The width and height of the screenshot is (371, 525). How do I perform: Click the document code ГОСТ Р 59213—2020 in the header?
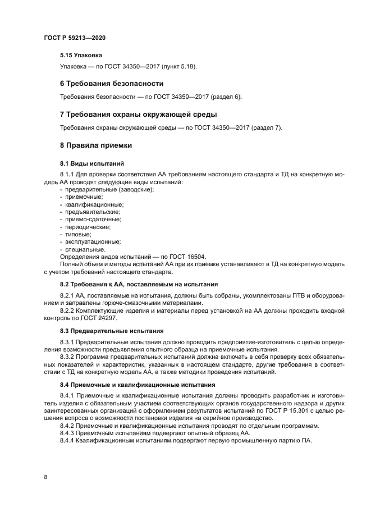(x=75, y=38)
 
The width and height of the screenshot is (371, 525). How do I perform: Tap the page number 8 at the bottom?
(x=45, y=477)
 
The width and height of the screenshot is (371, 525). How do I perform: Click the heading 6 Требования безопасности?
(x=112, y=84)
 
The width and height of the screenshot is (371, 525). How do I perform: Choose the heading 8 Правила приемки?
(x=96, y=145)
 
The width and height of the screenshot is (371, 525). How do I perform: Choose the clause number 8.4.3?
(x=67, y=433)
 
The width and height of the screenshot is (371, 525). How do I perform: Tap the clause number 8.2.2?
(x=67, y=311)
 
